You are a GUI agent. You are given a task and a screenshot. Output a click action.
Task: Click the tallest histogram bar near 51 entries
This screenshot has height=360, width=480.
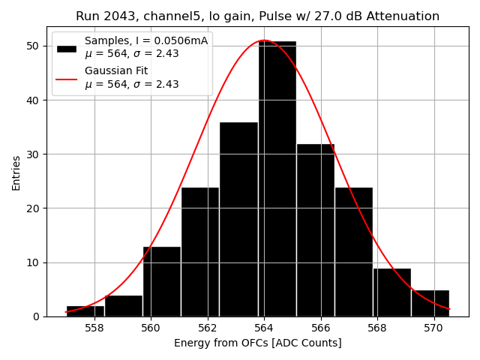click(277, 180)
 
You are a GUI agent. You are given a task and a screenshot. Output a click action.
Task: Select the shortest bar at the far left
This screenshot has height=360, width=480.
click(85, 311)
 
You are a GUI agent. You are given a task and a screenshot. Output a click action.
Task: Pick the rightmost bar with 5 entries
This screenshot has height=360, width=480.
click(430, 303)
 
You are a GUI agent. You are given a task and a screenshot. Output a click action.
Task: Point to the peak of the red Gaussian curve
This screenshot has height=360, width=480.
click(264, 40)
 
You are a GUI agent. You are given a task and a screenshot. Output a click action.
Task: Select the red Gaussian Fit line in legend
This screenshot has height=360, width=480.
click(67, 78)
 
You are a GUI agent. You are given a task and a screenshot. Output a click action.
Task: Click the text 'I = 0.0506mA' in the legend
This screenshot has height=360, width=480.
click(172, 40)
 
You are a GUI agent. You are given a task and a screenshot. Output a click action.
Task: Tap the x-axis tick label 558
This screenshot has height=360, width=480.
click(94, 328)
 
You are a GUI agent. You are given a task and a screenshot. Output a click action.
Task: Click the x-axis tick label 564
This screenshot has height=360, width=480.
click(264, 328)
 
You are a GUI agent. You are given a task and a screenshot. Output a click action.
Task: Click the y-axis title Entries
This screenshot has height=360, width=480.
click(16, 172)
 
